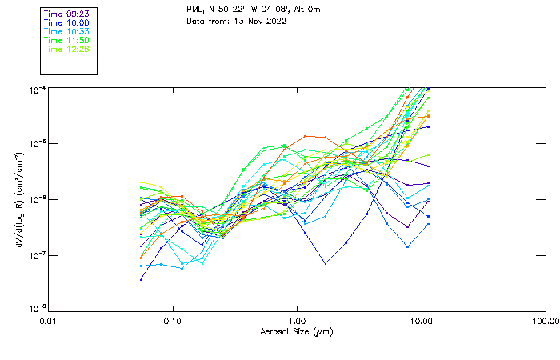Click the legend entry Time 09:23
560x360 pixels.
pyautogui.click(x=67, y=14)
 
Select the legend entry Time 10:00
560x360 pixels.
pyautogui.click(x=67, y=22)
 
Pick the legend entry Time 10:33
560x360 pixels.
pyautogui.click(x=67, y=31)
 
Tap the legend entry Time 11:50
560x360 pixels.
pyautogui.click(x=67, y=40)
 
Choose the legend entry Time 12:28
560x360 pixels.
pyautogui.click(x=67, y=49)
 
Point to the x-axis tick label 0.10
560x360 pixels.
pyautogui.click(x=173, y=322)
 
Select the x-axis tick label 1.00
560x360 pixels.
pyautogui.click(x=297, y=322)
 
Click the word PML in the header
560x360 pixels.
pyautogui.click(x=195, y=10)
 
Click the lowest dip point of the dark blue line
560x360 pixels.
pyautogui.click(x=326, y=263)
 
